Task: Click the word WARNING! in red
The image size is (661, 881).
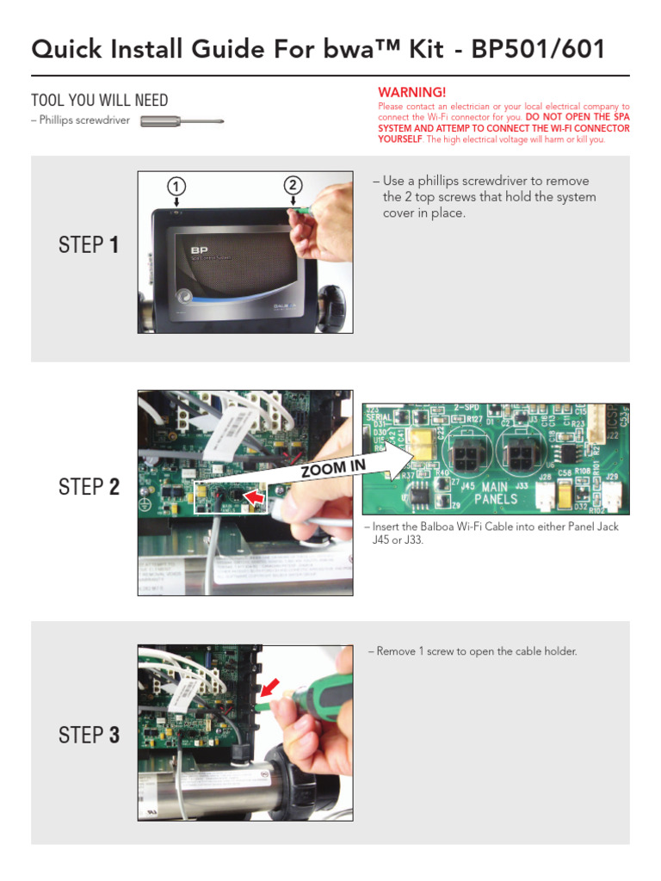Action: (412, 92)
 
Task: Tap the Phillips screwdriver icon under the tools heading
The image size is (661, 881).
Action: (181, 121)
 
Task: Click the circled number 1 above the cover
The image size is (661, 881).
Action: (176, 187)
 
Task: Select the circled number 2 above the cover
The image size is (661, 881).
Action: (293, 185)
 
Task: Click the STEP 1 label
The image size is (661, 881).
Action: (89, 245)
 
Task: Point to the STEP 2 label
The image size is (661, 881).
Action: (89, 487)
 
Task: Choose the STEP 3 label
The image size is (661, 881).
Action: (89, 735)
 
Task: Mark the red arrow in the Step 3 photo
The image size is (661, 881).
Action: (269, 687)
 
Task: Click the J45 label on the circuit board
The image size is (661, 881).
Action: (468, 486)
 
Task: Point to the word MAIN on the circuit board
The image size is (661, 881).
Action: (498, 486)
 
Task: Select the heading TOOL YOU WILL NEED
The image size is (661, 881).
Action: (100, 101)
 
